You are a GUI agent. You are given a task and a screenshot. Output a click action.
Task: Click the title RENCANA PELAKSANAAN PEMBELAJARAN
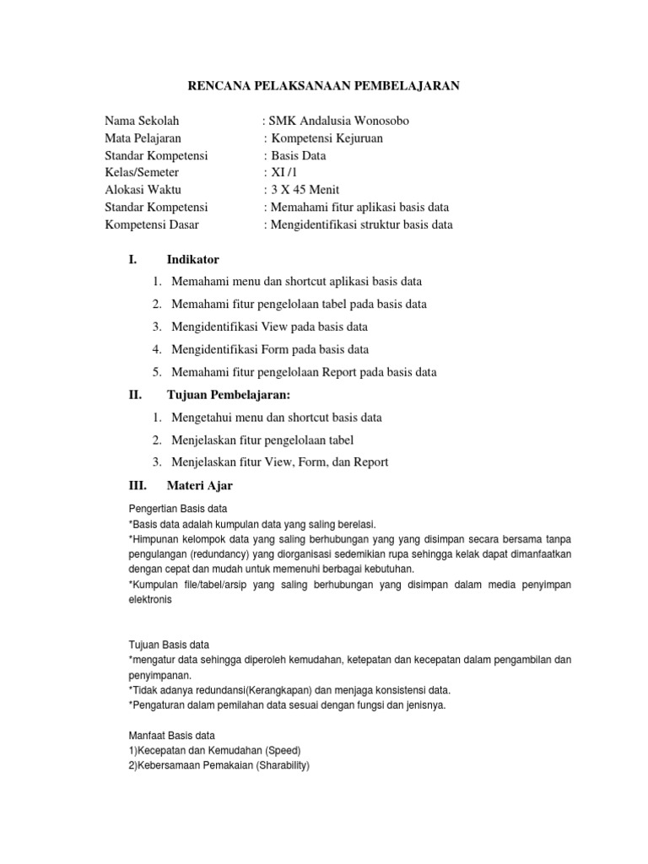(322, 86)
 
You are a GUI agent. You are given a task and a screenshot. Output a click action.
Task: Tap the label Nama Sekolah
(142, 121)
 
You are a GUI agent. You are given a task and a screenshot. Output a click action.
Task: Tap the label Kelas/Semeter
(142, 173)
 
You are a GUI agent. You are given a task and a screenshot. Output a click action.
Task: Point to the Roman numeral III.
(138, 485)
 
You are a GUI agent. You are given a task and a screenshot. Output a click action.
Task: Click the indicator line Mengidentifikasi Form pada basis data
(270, 349)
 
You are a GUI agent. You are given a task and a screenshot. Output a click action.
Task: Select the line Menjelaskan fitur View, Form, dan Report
(279, 462)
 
